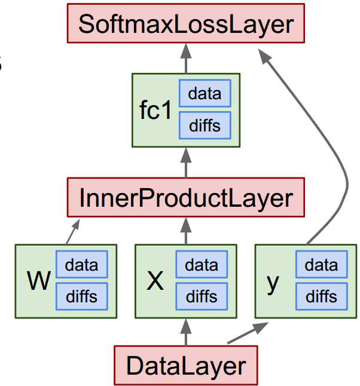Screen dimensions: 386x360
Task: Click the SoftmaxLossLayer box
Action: click(x=185, y=25)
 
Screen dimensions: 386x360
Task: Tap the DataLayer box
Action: click(x=185, y=364)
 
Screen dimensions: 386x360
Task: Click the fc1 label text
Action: click(x=155, y=111)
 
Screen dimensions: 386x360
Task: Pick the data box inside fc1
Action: click(x=204, y=94)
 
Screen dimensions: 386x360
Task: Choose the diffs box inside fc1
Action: click(x=204, y=125)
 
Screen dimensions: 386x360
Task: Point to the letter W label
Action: click(x=39, y=281)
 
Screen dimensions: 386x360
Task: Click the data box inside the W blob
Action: click(x=81, y=265)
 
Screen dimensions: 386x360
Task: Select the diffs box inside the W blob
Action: click(x=81, y=296)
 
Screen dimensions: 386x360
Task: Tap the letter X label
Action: click(x=155, y=281)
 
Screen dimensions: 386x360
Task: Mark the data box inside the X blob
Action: click(x=202, y=265)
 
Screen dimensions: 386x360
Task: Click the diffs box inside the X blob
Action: click(x=202, y=296)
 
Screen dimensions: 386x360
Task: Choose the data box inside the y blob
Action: click(x=321, y=265)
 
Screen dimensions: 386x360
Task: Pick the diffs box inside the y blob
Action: click(x=321, y=296)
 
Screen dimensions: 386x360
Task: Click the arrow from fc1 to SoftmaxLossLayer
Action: click(x=185, y=60)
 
